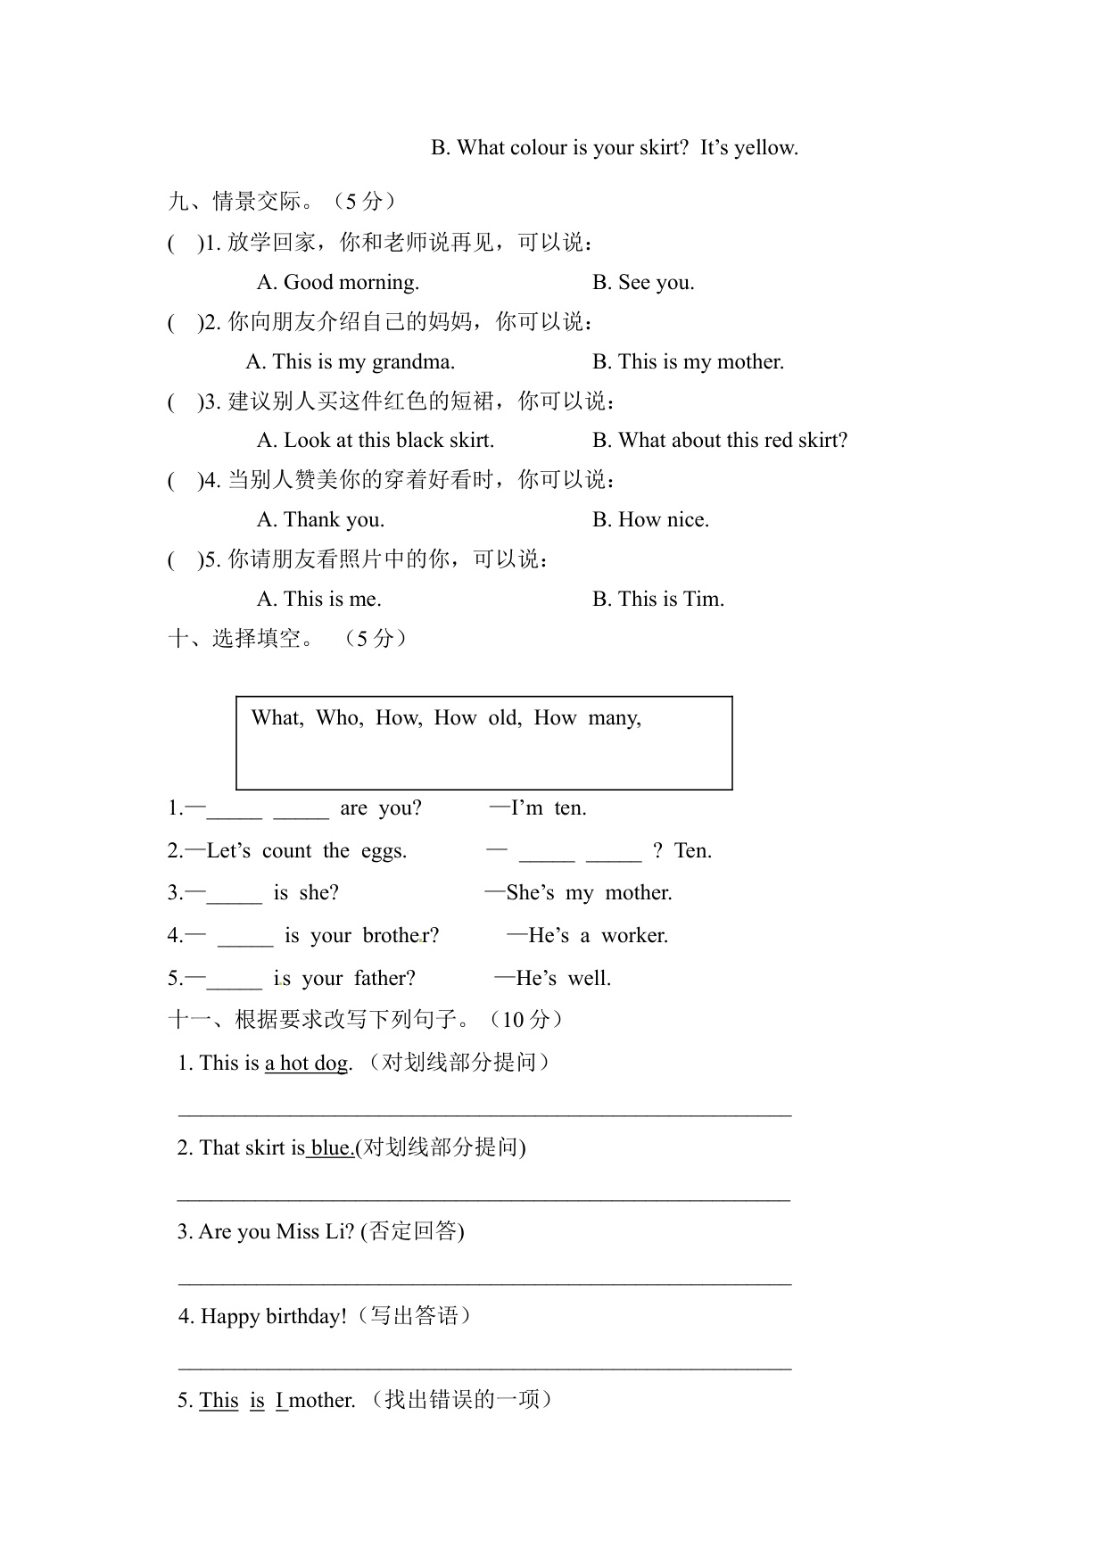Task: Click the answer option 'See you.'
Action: coord(643,283)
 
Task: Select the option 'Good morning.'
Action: coord(338,283)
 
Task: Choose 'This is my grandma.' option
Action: coord(351,362)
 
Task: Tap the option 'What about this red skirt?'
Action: coord(720,441)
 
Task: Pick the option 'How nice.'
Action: coord(650,520)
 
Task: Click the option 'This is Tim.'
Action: coord(658,600)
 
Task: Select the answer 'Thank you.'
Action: coord(321,520)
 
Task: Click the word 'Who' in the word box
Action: coord(338,718)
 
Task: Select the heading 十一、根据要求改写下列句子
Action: coord(366,1020)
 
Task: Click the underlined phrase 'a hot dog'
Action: coord(306,1064)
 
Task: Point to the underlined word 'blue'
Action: coord(331,1148)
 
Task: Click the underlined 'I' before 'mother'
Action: coord(280,1401)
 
